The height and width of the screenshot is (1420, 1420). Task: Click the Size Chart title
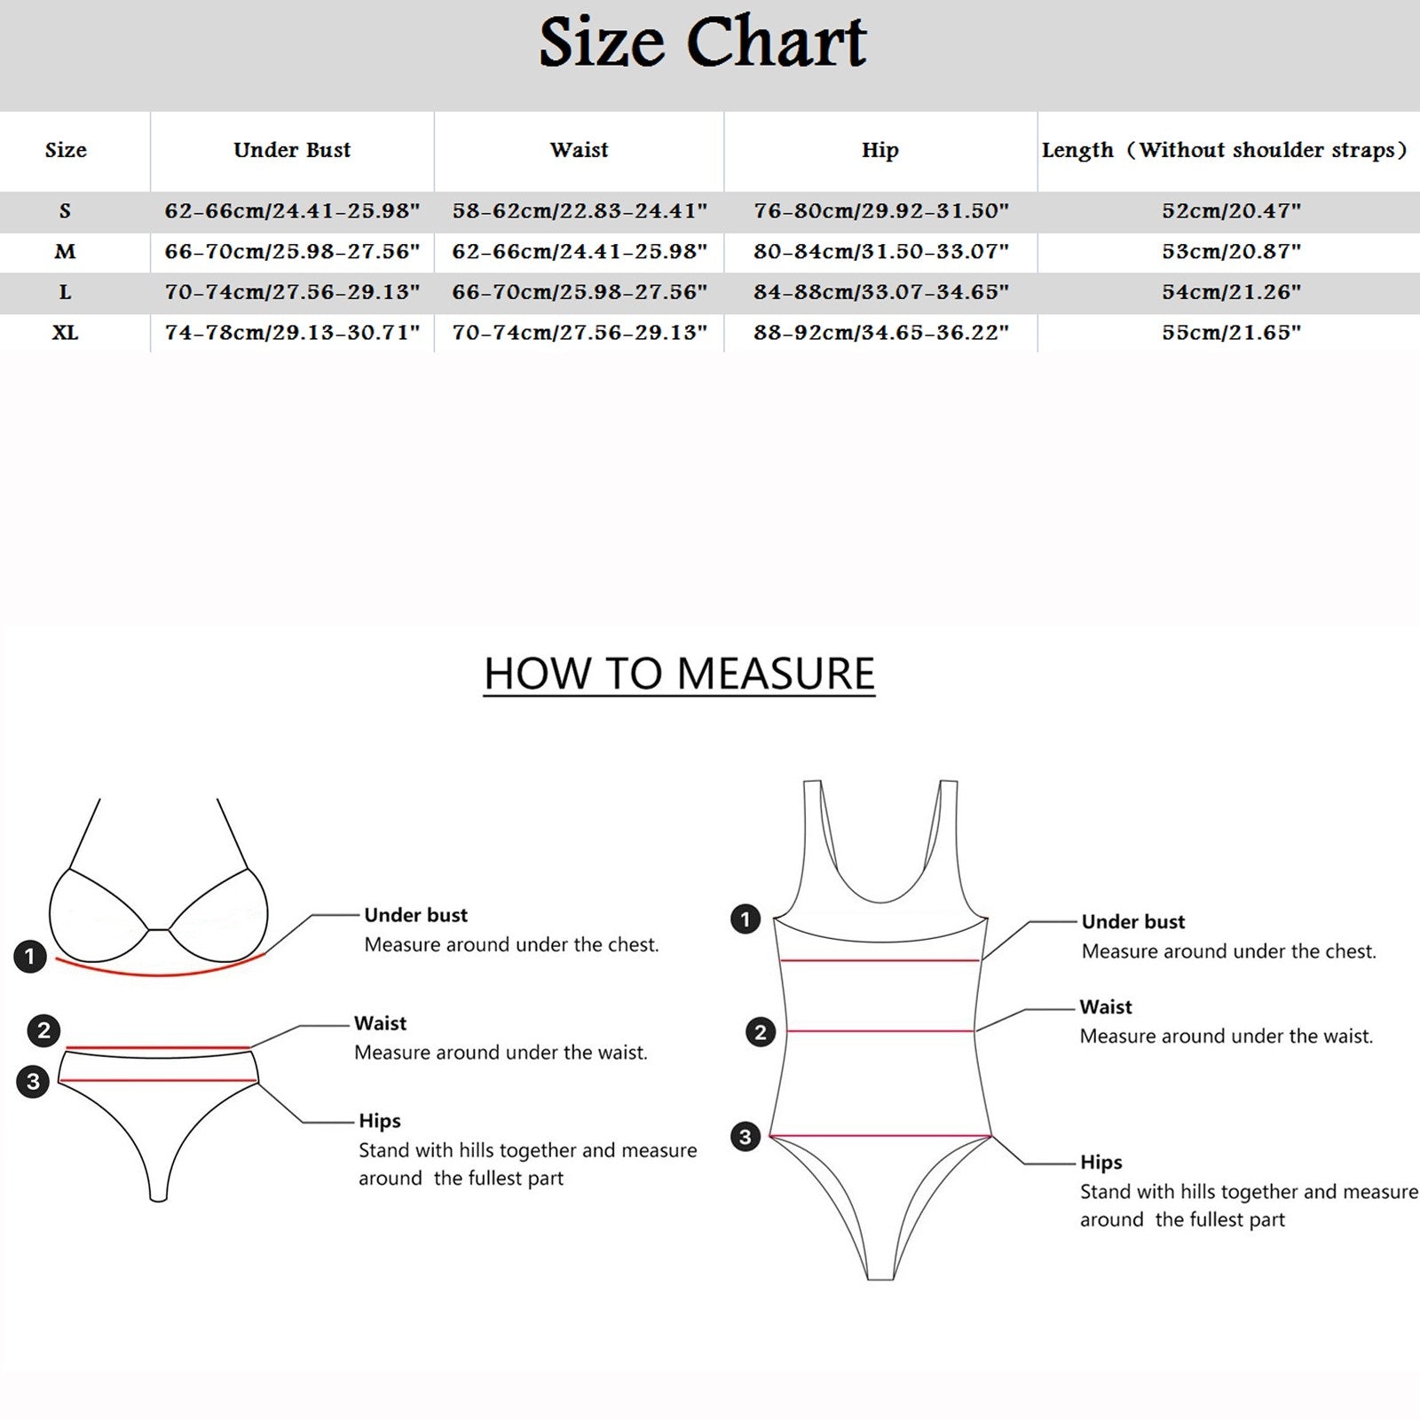coord(702,42)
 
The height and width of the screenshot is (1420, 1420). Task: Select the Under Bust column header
coord(292,150)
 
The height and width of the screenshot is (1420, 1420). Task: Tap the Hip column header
coord(880,151)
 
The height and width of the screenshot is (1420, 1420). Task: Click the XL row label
coord(65,333)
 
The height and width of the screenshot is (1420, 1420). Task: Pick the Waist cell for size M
coord(580,251)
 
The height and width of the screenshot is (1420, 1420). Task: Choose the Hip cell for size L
coord(881,292)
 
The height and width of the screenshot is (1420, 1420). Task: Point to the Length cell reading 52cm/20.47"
coord(1231,210)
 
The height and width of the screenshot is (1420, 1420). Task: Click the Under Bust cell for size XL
coord(292,333)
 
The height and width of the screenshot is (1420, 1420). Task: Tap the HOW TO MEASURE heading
coord(679,674)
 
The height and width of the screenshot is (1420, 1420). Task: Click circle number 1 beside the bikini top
coord(30,957)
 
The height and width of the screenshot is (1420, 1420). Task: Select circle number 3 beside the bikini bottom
coord(33,1082)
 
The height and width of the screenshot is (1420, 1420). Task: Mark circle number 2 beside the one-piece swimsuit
coord(760,1032)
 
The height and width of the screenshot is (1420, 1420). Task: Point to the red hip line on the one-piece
coord(880,1136)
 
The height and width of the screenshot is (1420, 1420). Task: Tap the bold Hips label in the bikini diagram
coord(380,1122)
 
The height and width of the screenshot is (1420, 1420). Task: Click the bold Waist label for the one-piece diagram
coord(1106,1007)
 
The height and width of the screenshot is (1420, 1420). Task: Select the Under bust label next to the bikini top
coord(415,915)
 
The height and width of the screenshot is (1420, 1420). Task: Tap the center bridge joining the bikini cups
coord(157,929)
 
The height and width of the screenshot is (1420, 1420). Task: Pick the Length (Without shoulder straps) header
coord(1225,151)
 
